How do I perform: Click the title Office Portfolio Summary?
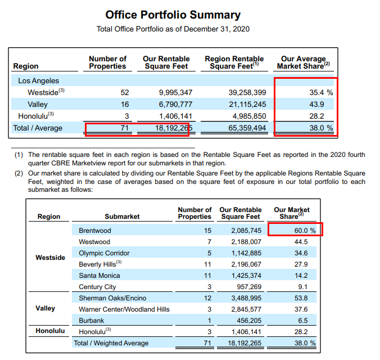click(173, 15)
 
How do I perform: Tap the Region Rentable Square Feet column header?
click(234, 62)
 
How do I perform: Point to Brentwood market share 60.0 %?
click(304, 231)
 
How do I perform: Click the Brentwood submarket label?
click(95, 231)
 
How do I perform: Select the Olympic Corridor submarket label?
click(104, 253)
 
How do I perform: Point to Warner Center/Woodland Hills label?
click(124, 309)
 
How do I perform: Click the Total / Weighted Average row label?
click(111, 343)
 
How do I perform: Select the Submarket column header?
click(122, 217)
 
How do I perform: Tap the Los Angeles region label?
click(38, 81)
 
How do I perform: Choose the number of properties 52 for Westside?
click(124, 92)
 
